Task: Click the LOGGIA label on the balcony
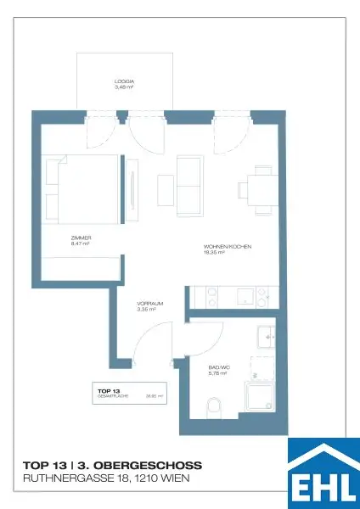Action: [124, 81]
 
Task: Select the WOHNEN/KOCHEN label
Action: [228, 246]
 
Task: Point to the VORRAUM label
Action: [149, 303]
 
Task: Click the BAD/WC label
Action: [219, 367]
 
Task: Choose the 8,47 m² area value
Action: [81, 243]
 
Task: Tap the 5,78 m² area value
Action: [218, 373]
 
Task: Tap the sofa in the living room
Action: [189, 185]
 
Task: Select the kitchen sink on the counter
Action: [245, 297]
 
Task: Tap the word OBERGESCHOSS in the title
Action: [152, 466]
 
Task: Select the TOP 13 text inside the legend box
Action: [104, 390]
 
